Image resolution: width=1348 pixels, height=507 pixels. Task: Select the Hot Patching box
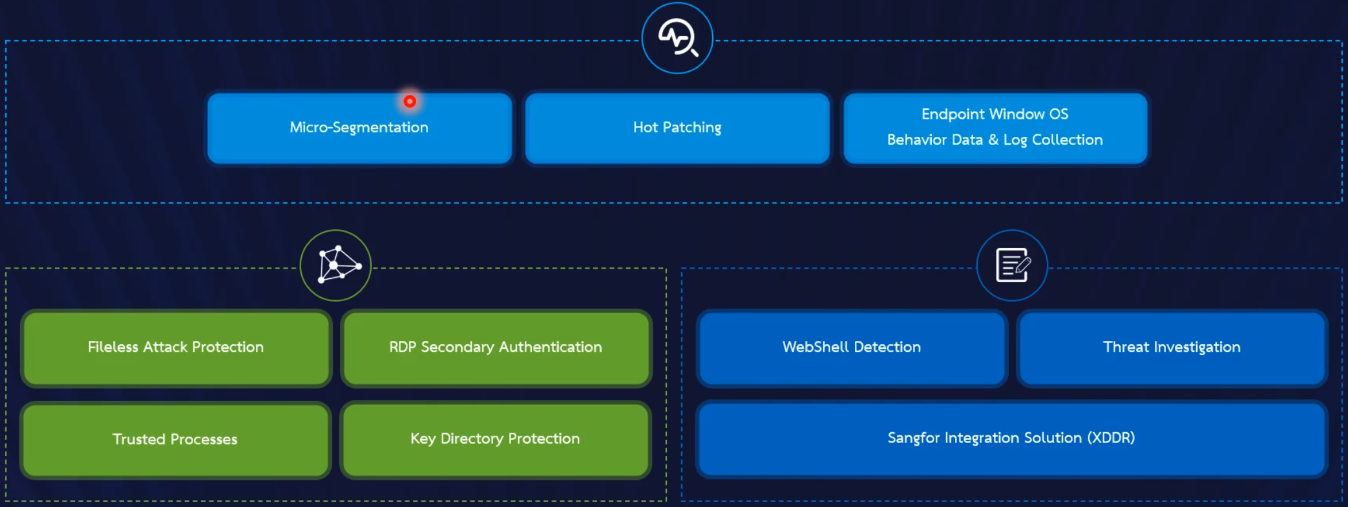(x=677, y=128)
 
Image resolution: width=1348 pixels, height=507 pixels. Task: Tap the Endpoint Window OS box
(x=995, y=127)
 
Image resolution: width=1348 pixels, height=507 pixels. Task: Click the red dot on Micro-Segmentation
(x=410, y=101)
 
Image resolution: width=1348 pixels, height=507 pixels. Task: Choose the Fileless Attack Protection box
(x=176, y=347)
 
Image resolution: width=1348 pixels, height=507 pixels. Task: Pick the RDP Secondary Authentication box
(x=496, y=347)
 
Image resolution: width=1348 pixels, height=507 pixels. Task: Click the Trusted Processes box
(x=175, y=439)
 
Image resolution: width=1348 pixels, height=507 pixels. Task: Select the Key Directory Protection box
(x=495, y=439)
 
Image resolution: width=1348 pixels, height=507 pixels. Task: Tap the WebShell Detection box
(x=852, y=347)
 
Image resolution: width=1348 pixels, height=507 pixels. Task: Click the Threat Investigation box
(x=1172, y=347)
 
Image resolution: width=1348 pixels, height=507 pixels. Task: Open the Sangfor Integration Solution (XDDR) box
(x=1011, y=439)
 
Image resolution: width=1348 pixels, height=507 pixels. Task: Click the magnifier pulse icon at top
(x=677, y=38)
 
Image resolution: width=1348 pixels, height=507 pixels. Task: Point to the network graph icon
(x=336, y=265)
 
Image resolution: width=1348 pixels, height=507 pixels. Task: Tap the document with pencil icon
(x=1012, y=265)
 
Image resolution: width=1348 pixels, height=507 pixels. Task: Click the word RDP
(x=403, y=347)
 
